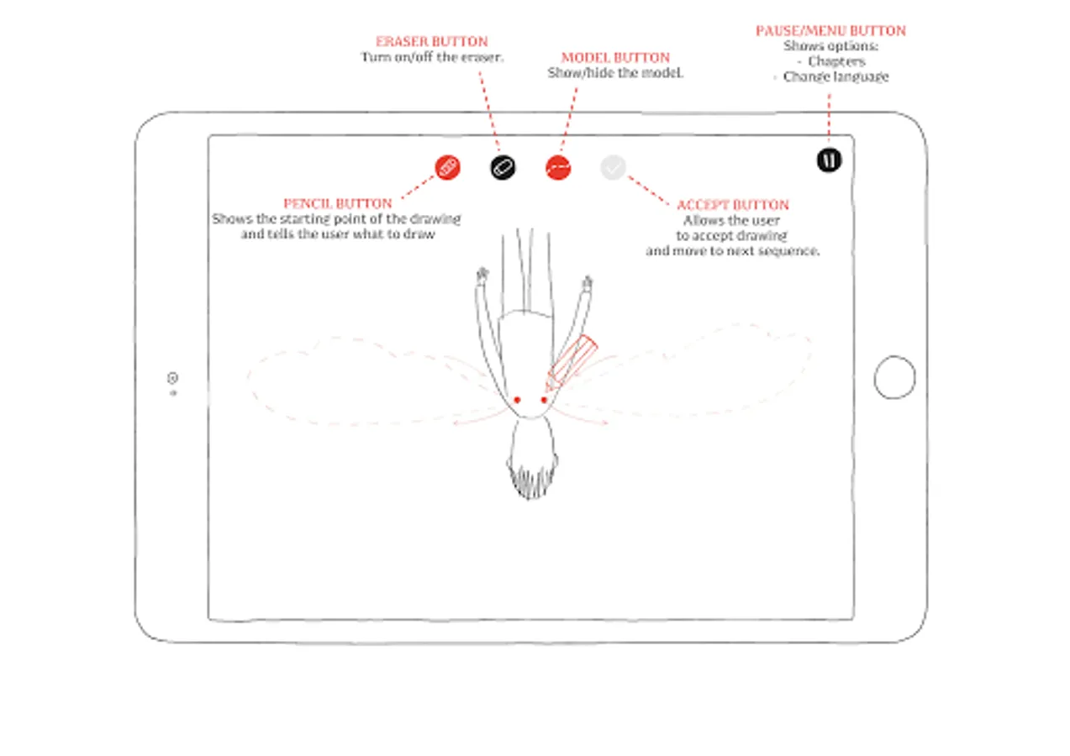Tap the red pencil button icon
click(448, 167)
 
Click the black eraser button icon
click(503, 167)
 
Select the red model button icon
click(558, 167)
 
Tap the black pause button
click(830, 160)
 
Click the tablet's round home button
click(894, 377)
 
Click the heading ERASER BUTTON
click(432, 41)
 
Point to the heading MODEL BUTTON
click(615, 58)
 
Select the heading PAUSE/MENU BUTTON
click(830, 31)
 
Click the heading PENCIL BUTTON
click(338, 204)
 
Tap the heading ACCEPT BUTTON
click(733, 205)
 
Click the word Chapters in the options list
click(836, 61)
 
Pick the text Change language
click(836, 76)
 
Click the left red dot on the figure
click(517, 400)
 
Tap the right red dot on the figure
click(544, 400)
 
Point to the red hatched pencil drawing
click(572, 364)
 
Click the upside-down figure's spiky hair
click(532, 480)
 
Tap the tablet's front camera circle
click(173, 378)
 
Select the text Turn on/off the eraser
click(432, 57)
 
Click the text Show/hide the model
click(615, 73)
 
